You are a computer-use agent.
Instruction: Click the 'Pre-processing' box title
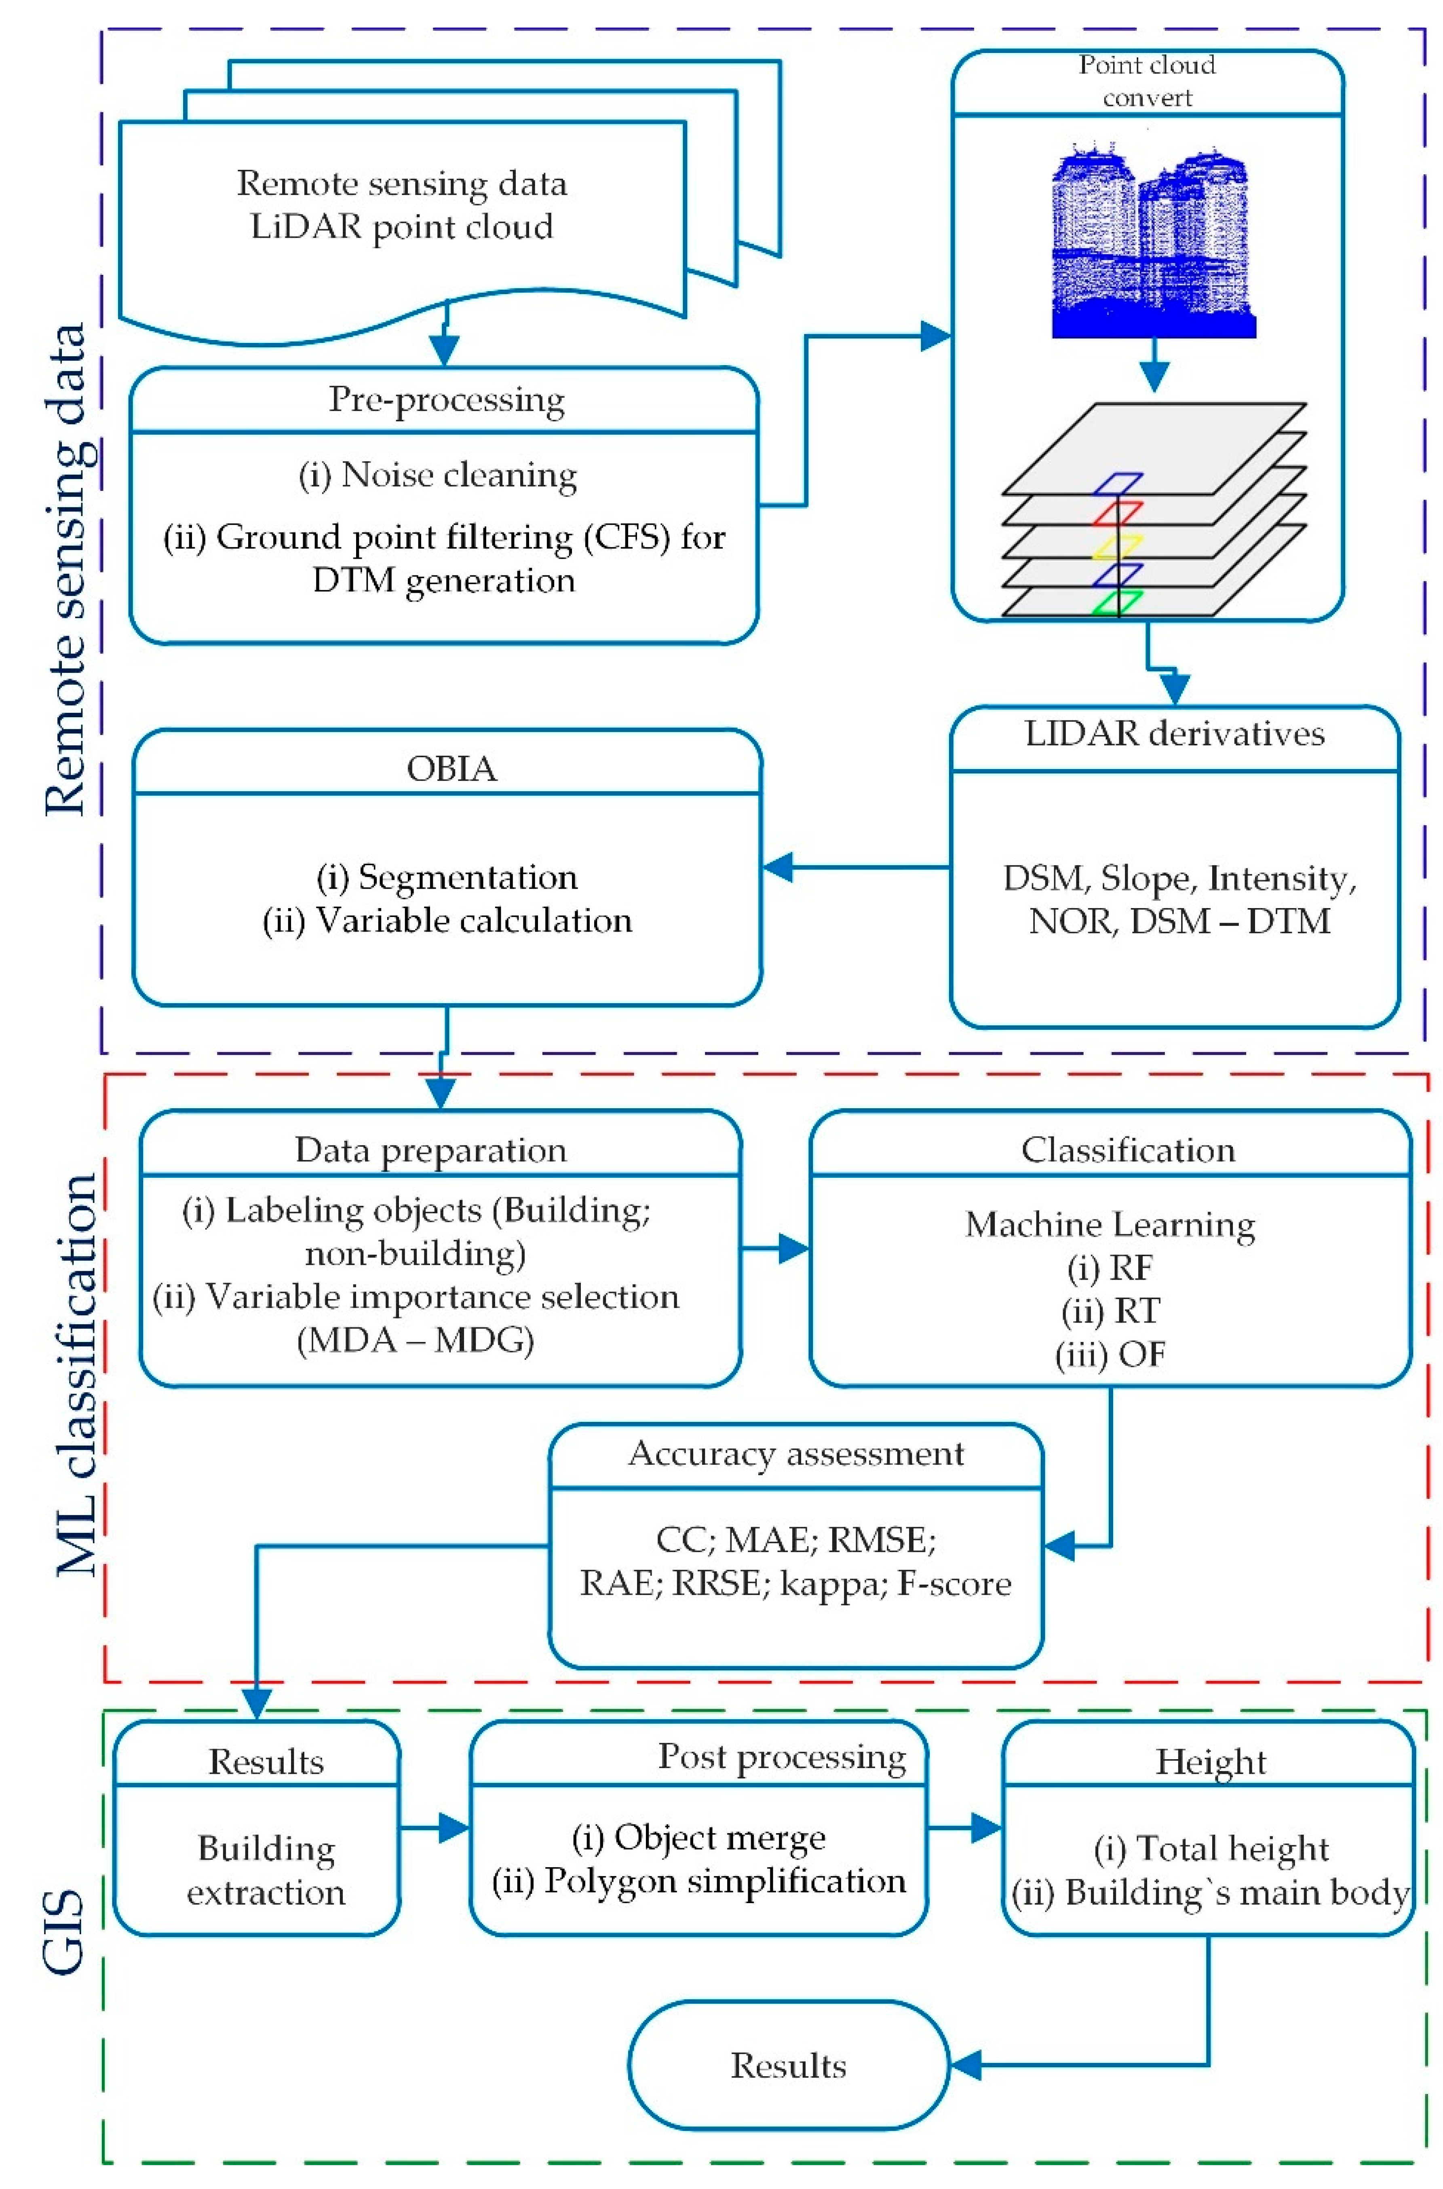[x=446, y=399]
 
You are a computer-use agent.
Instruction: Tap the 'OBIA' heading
[x=451, y=768]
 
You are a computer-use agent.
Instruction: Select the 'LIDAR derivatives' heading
[x=1174, y=734]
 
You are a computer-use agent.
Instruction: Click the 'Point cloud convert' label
[x=1147, y=81]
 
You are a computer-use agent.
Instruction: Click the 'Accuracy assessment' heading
[x=796, y=1454]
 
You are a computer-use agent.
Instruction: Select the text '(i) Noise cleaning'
[x=438, y=475]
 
